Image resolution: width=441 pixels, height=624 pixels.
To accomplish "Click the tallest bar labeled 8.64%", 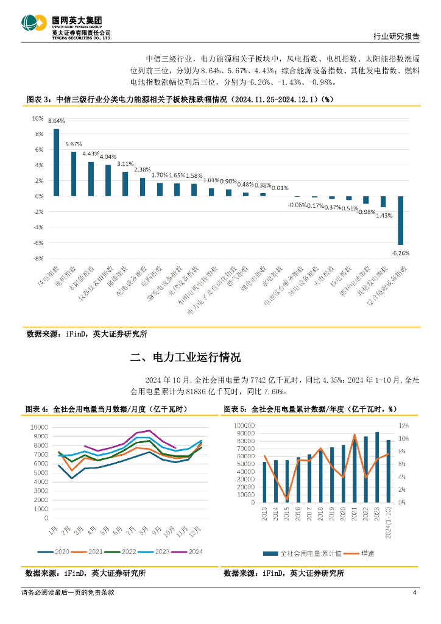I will [x=57, y=162].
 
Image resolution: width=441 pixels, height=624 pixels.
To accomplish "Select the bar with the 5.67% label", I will [x=74, y=174].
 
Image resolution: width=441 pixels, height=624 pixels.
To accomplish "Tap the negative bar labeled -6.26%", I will [x=401, y=220].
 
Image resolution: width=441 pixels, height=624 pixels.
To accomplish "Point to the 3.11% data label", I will [x=125, y=163].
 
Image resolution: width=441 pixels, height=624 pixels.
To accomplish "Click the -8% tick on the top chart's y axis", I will [x=38, y=258].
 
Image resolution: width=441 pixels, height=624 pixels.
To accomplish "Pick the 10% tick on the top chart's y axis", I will [x=38, y=118].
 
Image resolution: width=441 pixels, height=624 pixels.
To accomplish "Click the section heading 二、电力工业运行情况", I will [x=186, y=356].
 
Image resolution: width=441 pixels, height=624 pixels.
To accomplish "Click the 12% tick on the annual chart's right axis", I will [x=404, y=425].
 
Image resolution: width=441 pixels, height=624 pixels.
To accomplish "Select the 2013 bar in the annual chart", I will [x=264, y=482].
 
